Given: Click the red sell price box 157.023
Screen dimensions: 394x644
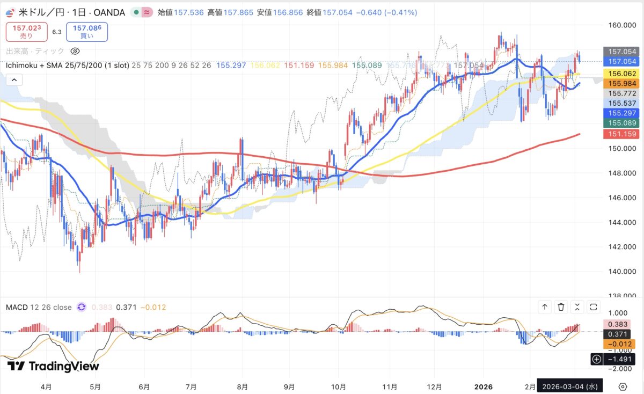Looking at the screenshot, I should coord(26,31).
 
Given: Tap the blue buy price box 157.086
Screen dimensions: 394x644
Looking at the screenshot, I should coord(86,31).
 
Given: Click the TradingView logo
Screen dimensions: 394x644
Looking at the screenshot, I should coord(53,366).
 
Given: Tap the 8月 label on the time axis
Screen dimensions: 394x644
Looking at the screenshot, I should coord(242,386).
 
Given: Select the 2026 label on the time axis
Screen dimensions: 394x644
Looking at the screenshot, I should coord(483,386).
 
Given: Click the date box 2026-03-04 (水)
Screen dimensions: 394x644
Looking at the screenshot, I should coord(571,386).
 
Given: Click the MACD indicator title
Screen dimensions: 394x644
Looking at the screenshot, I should coord(39,307).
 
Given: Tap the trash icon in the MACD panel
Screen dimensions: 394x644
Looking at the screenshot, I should coord(561,307).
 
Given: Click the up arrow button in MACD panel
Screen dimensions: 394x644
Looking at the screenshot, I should coord(545,307).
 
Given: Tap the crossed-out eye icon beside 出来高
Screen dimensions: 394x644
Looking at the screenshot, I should coord(75,52).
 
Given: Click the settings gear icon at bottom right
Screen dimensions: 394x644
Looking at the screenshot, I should coord(623,386).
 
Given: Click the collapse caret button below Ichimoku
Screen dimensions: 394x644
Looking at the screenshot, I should coord(14,80).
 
